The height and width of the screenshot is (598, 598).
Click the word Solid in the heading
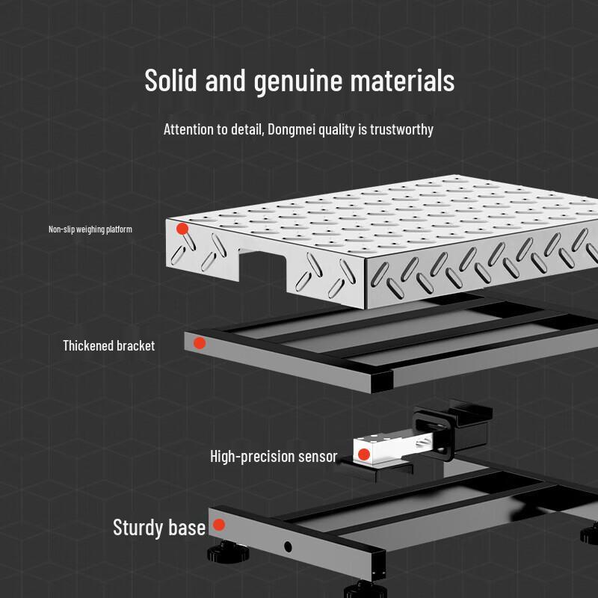point(171,81)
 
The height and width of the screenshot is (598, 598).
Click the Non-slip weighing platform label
point(90,229)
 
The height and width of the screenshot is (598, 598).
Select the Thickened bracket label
point(108,345)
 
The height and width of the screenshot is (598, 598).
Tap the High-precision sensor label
point(274,456)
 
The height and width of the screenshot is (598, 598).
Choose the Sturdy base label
point(158,528)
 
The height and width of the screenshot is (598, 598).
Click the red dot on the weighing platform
point(182,229)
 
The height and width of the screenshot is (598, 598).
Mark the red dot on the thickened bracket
point(200,343)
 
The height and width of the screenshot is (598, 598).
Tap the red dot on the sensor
point(364,454)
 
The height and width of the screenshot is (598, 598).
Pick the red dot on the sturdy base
point(219,525)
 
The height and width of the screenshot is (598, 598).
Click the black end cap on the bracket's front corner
point(382,380)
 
